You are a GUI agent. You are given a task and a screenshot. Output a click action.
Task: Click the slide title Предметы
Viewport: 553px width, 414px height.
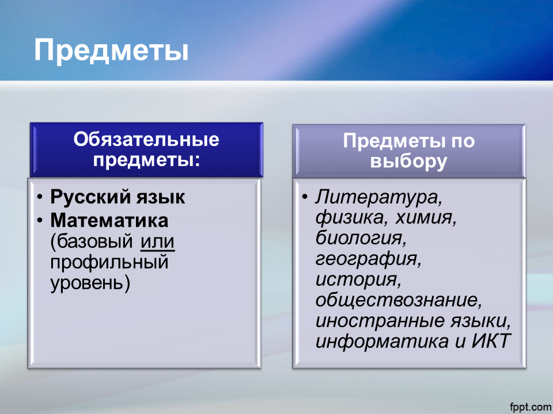(111, 51)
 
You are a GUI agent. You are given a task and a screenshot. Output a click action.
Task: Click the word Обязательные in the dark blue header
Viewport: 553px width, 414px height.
(146, 139)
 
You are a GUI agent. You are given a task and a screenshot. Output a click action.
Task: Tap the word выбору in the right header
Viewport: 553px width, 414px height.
(409, 162)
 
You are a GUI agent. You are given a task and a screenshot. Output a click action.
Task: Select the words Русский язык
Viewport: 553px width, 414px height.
(118, 197)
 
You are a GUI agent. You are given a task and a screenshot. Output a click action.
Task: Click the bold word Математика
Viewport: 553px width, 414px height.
(109, 220)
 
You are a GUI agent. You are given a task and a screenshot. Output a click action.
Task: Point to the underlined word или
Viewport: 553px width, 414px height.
(158, 242)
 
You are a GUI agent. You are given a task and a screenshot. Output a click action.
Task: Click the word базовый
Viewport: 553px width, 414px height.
(94, 241)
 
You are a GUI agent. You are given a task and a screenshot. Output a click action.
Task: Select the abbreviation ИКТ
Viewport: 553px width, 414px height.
(491, 341)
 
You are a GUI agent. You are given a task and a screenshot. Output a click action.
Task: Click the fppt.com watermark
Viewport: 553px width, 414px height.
(531, 407)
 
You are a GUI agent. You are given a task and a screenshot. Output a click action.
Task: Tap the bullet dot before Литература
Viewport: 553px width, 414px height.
(305, 197)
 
